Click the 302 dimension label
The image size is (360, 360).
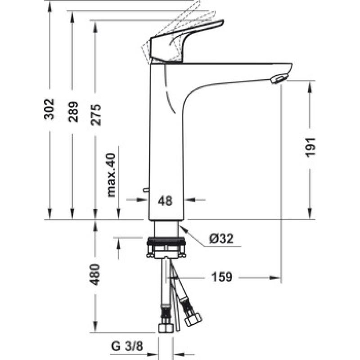coord(49,109)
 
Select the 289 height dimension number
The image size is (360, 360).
coord(73,112)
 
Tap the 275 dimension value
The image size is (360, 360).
coord(96,115)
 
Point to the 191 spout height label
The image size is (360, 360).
coord(310,148)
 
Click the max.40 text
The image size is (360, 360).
coord(111,175)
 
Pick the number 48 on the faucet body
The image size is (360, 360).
coord(165,201)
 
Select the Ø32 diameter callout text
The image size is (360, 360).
coord(221,238)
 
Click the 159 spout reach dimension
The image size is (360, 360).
coord(222,277)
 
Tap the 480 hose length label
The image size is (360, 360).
coord(94,274)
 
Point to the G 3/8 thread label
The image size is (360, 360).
coord(127,346)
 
